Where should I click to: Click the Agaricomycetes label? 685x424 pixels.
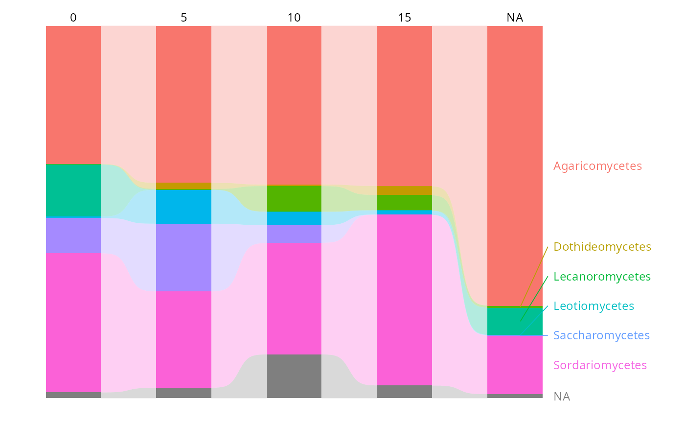pos(597,166)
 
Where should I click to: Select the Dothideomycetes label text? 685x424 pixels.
pos(602,247)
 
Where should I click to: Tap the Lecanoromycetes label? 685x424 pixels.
pos(602,277)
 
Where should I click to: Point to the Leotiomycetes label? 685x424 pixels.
pos(594,306)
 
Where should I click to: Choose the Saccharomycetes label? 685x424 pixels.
pos(601,336)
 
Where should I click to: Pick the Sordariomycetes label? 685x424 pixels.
pos(600,365)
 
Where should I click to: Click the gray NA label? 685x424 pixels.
pos(562,397)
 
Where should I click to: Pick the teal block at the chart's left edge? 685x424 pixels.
pos(78,191)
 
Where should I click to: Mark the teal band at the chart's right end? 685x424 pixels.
pos(514,321)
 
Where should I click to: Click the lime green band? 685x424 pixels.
pos(294,198)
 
